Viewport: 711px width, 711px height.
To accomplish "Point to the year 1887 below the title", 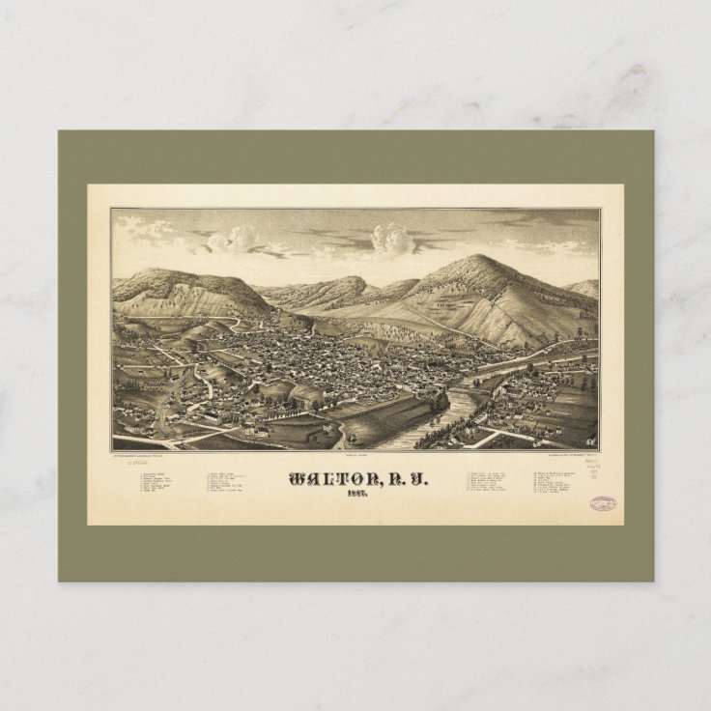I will point(355,499).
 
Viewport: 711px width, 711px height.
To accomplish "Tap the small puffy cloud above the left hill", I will point(240,237).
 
